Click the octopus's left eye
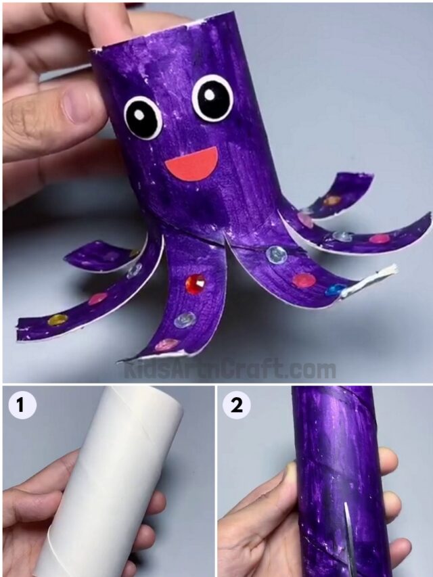click(x=143, y=117)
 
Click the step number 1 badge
click(x=21, y=405)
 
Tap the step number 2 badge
click(x=236, y=405)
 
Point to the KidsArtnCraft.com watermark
click(x=230, y=370)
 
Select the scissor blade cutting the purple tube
click(x=347, y=534)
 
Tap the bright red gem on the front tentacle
click(x=196, y=283)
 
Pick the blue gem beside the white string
click(x=336, y=290)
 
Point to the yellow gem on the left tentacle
click(x=58, y=319)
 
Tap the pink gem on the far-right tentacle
click(x=380, y=238)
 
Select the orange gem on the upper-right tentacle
click(x=332, y=200)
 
